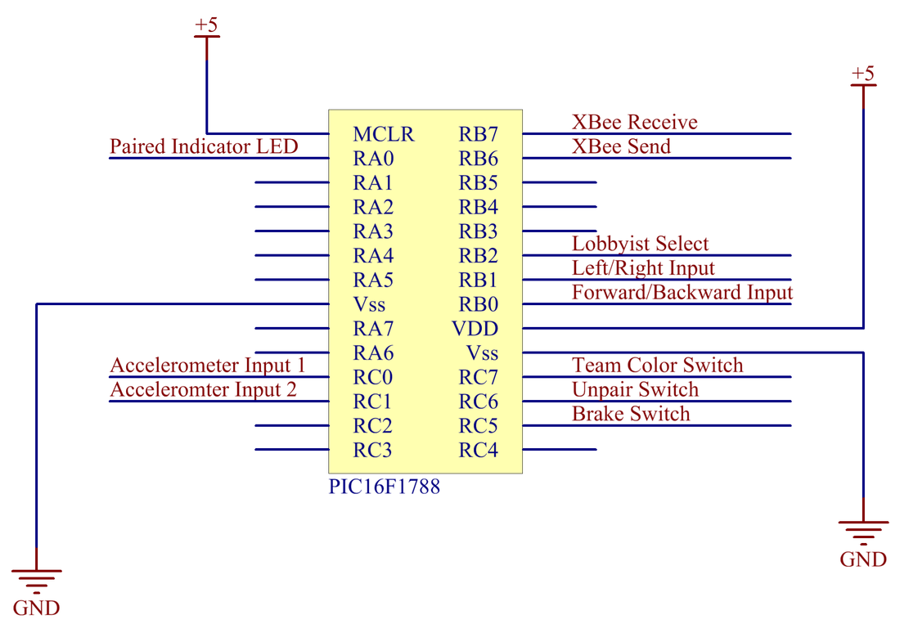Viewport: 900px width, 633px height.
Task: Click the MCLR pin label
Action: (x=383, y=134)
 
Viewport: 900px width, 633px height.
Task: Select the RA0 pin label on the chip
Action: (x=373, y=158)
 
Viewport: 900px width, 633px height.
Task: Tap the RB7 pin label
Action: (x=479, y=134)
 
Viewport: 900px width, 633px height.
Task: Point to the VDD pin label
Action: (x=475, y=329)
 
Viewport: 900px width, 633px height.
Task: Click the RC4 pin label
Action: (x=479, y=450)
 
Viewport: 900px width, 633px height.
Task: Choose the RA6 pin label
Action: (x=373, y=353)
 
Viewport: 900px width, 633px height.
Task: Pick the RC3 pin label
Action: (x=373, y=450)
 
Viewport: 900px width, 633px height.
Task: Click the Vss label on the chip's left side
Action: (x=369, y=304)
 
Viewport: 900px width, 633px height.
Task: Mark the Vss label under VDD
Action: (x=482, y=353)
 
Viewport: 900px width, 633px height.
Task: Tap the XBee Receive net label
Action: (x=634, y=122)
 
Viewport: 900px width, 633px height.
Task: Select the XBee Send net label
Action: (x=621, y=146)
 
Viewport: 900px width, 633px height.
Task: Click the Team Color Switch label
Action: (x=657, y=365)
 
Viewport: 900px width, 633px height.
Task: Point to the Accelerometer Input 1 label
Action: (x=207, y=364)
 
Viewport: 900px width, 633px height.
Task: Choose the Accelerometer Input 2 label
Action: (x=203, y=388)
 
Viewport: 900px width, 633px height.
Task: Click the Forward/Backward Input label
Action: (x=682, y=292)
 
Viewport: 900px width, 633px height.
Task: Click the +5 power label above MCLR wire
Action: (x=206, y=25)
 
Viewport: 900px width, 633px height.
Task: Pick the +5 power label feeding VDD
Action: (x=863, y=74)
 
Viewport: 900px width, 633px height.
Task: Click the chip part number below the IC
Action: (x=385, y=487)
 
